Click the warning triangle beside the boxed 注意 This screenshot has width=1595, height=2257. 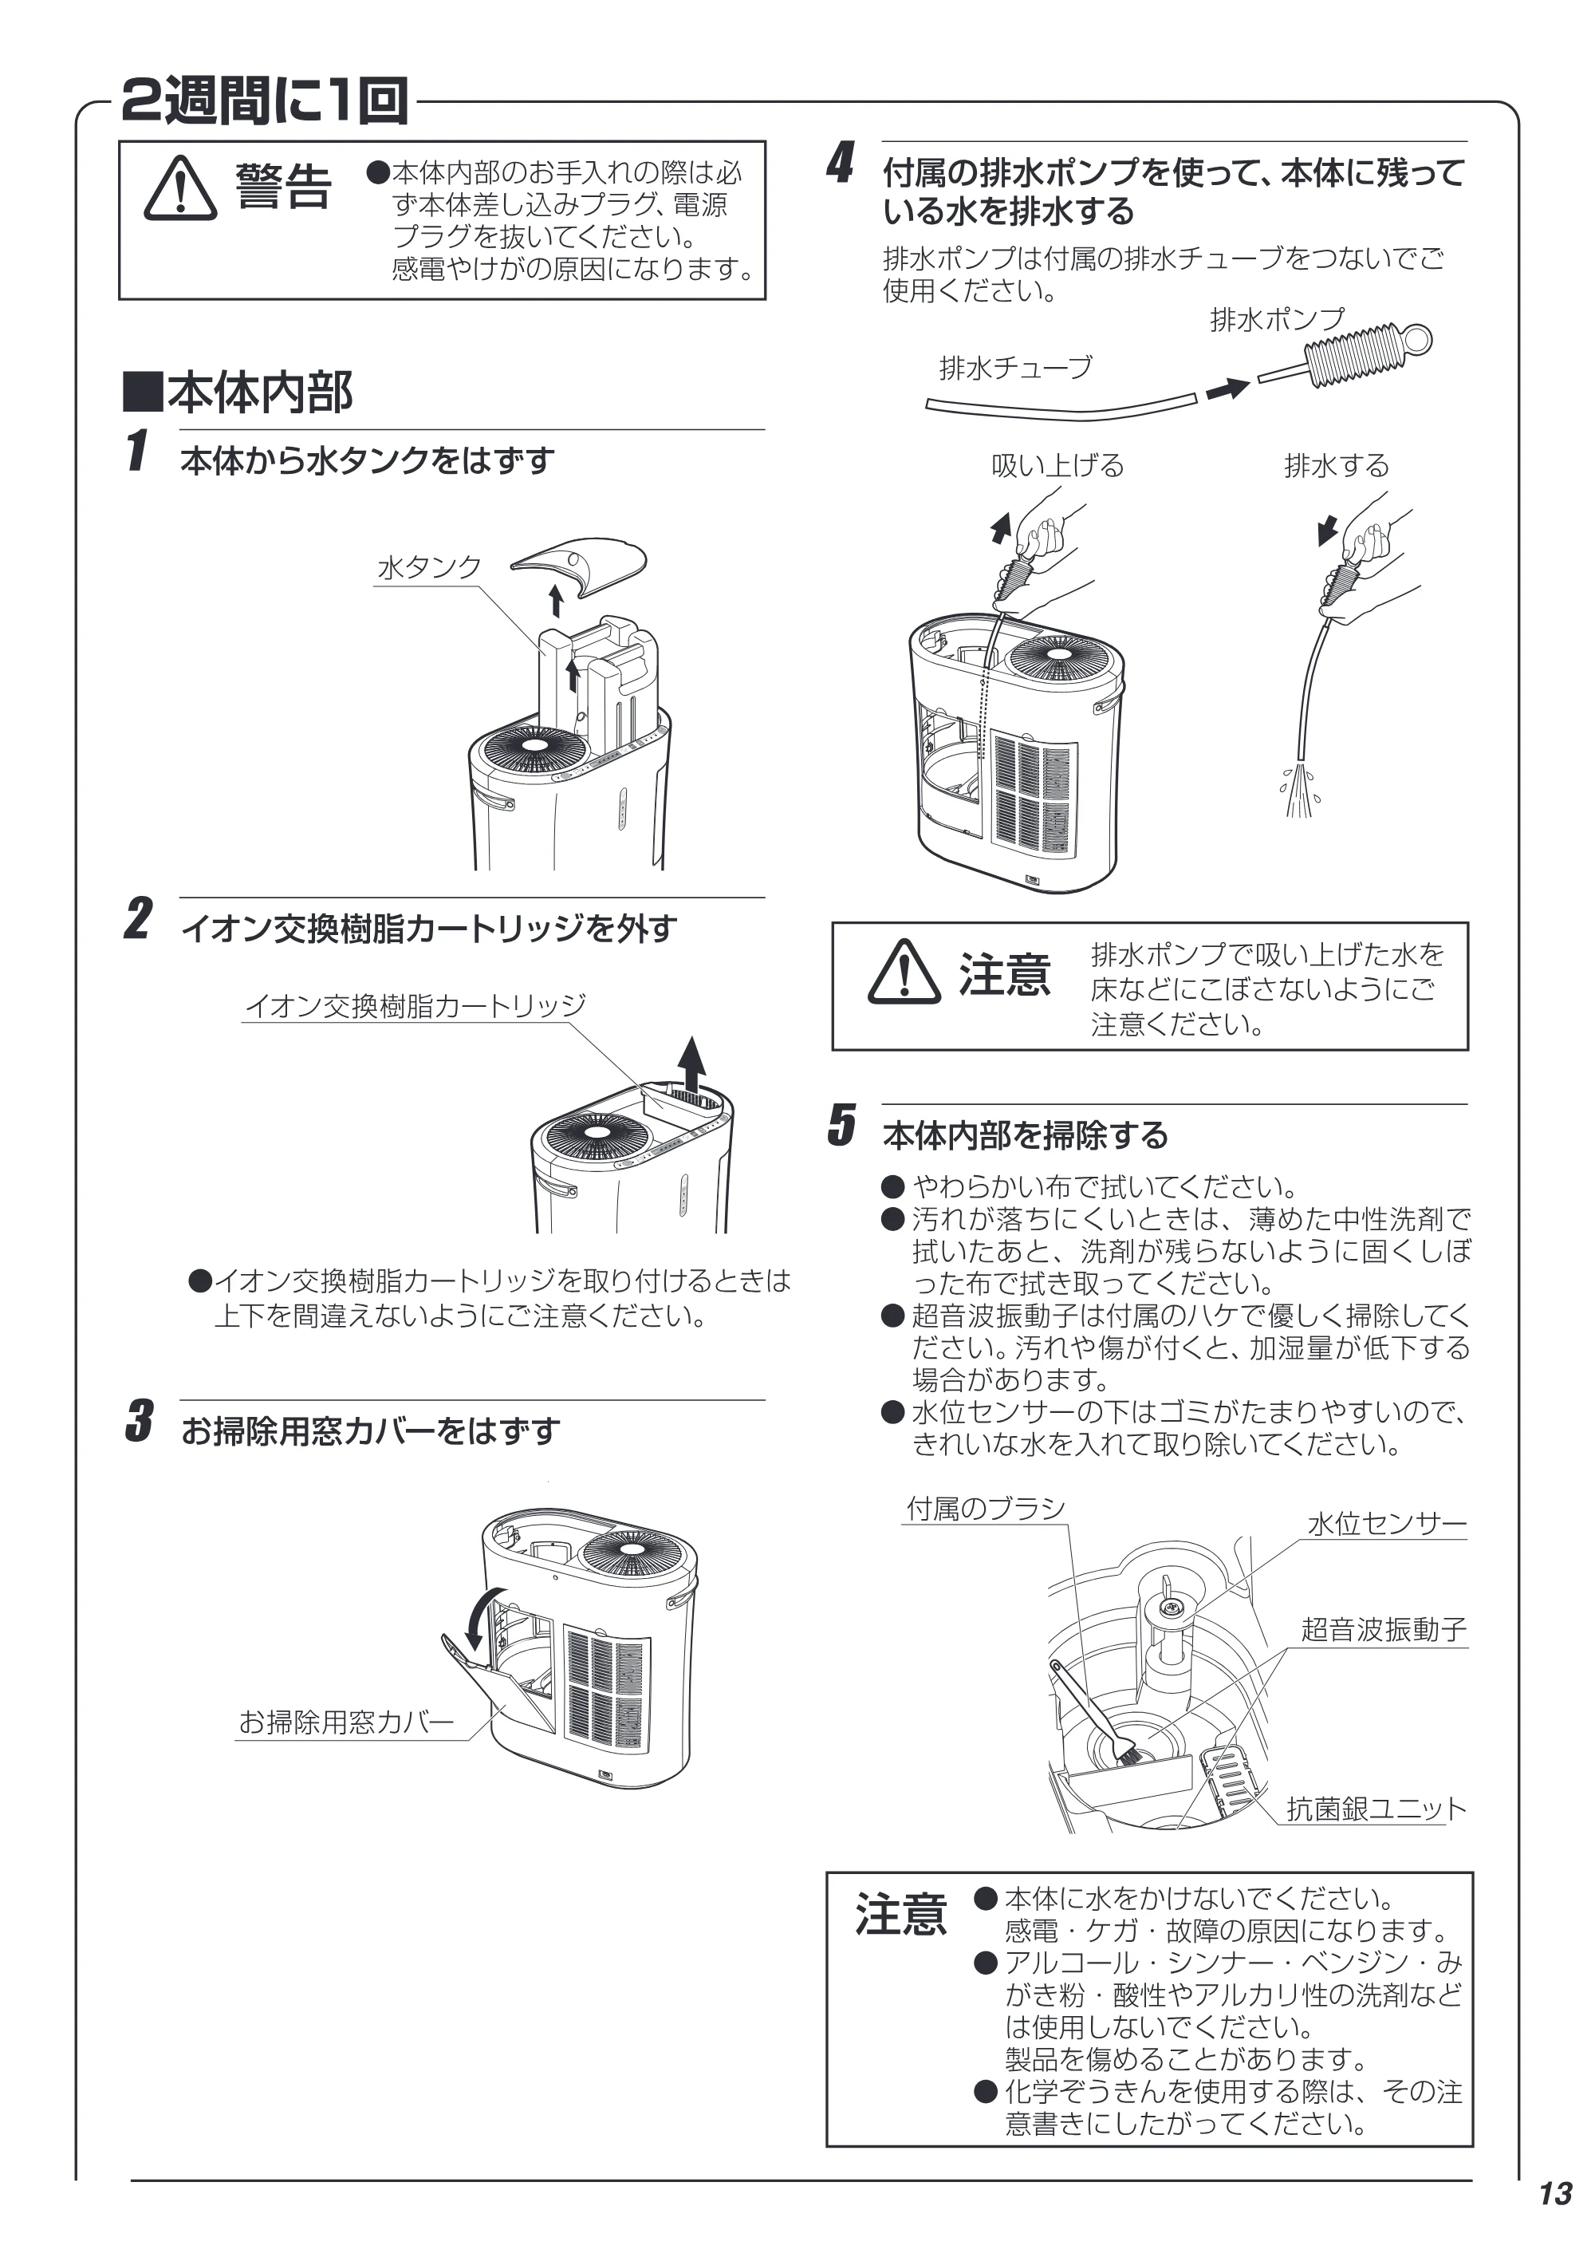tap(904, 973)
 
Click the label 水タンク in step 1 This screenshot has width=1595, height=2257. tap(430, 567)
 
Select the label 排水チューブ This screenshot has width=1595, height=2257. tap(1015, 368)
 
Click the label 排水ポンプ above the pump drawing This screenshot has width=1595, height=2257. tap(1276, 319)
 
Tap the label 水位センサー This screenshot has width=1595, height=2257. tap(1386, 1525)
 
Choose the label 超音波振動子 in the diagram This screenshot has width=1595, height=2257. tap(1384, 1630)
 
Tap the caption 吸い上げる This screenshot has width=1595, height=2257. tap(1057, 466)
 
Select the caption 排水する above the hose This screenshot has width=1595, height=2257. tap(1336, 466)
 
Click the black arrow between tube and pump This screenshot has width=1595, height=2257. tap(1227, 389)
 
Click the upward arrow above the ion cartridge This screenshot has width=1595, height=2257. tap(693, 1063)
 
